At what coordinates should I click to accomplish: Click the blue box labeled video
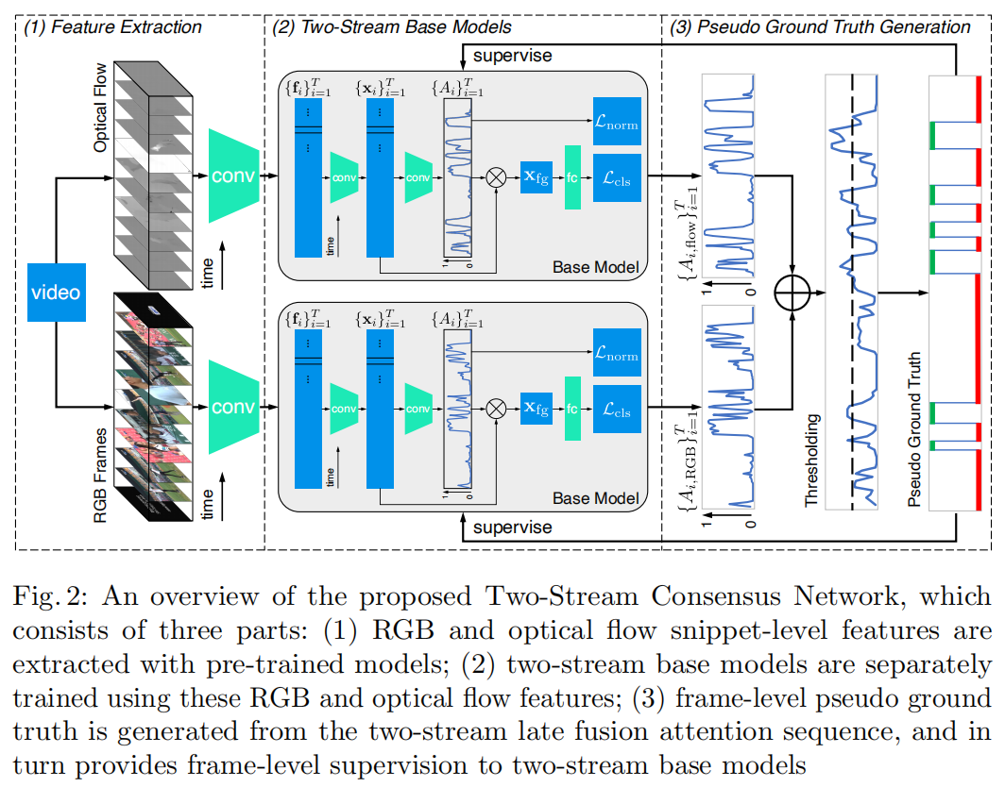tap(56, 292)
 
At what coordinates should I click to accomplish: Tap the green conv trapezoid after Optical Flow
tap(233, 176)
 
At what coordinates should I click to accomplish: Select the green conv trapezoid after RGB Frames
tap(233, 408)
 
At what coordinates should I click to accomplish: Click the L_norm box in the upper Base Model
tap(617, 122)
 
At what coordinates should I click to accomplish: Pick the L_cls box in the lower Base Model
tap(617, 410)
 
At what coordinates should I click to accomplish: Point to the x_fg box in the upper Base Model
tap(536, 176)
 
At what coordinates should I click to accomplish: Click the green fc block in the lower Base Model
tap(571, 409)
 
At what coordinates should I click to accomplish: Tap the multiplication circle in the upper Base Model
tap(495, 176)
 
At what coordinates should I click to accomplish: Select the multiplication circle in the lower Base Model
tap(495, 409)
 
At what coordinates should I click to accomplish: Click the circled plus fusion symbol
tap(792, 293)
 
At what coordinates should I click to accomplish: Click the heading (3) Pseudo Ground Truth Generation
tap(820, 27)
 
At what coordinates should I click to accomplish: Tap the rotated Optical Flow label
tap(101, 109)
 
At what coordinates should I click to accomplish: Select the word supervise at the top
tap(512, 56)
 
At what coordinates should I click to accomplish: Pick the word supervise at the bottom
tap(512, 527)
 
